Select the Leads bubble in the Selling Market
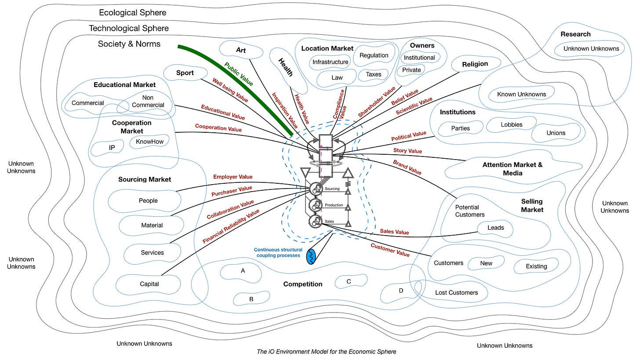[495, 228]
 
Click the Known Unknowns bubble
[521, 94]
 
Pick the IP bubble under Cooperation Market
[112, 148]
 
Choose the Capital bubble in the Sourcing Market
[149, 284]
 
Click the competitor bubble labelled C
[349, 281]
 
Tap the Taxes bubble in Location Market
[373, 74]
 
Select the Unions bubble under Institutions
[556, 133]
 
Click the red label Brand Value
[407, 167]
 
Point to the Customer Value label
[390, 250]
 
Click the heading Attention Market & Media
[512, 169]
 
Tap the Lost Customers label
[456, 292]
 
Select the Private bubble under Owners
[411, 70]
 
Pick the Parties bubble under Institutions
[460, 128]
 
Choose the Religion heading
[475, 64]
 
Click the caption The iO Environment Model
[327, 351]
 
